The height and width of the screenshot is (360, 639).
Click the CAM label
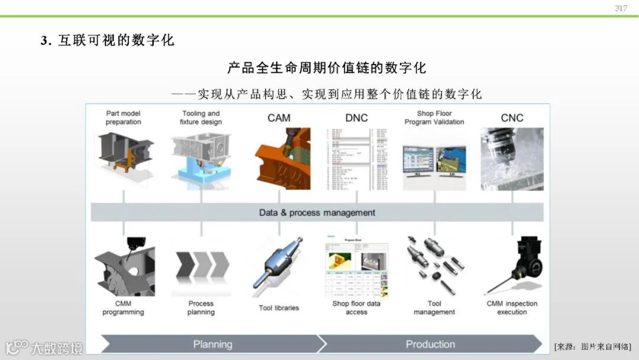click(279, 118)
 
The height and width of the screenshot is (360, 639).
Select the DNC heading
click(356, 118)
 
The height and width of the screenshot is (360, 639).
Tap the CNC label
click(512, 118)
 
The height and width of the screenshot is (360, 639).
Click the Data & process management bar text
click(317, 213)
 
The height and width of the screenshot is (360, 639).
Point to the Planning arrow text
click(212, 344)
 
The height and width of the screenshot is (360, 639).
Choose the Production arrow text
click(430, 344)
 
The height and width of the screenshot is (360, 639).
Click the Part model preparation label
click(123, 117)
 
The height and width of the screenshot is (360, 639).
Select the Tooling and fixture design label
click(201, 117)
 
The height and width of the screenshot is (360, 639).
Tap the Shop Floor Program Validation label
click(434, 117)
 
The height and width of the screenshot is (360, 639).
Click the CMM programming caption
click(123, 308)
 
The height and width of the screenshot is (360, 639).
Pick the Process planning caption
click(201, 308)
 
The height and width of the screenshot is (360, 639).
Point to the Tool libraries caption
click(279, 308)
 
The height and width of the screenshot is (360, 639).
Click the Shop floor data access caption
click(356, 308)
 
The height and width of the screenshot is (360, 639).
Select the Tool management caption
click(434, 308)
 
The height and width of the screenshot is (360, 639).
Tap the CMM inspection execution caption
click(512, 308)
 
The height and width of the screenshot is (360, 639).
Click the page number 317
click(621, 8)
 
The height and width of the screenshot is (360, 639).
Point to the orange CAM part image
click(282, 157)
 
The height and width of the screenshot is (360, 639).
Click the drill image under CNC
click(512, 158)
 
